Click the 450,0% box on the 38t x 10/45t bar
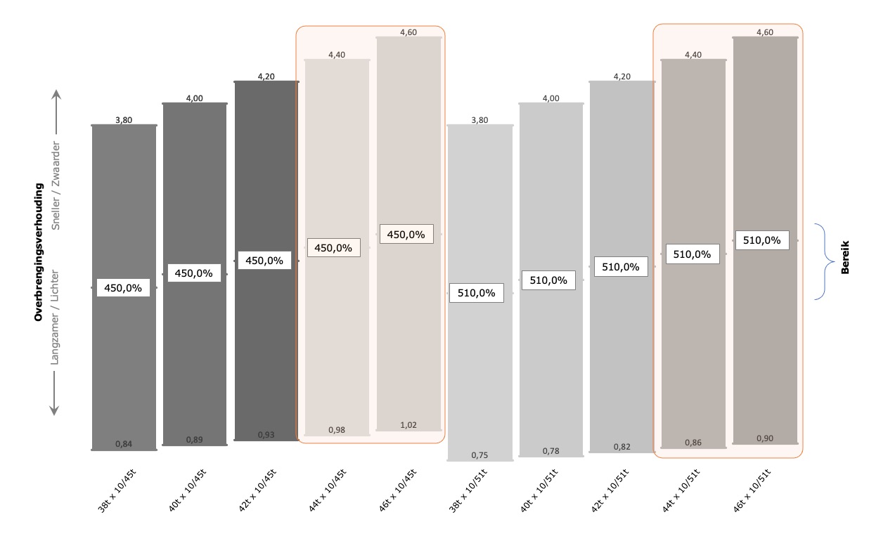point(123,287)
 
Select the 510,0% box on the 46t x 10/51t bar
point(761,240)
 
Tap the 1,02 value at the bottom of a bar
point(408,424)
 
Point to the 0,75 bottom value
point(479,455)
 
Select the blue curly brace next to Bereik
point(820,261)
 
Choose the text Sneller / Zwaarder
point(57,186)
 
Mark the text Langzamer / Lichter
point(57,318)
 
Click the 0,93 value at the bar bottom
point(266,435)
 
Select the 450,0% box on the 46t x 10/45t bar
point(406,235)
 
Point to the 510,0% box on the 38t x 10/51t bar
point(477,293)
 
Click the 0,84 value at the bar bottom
point(124,443)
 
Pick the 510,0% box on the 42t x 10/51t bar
point(621,267)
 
